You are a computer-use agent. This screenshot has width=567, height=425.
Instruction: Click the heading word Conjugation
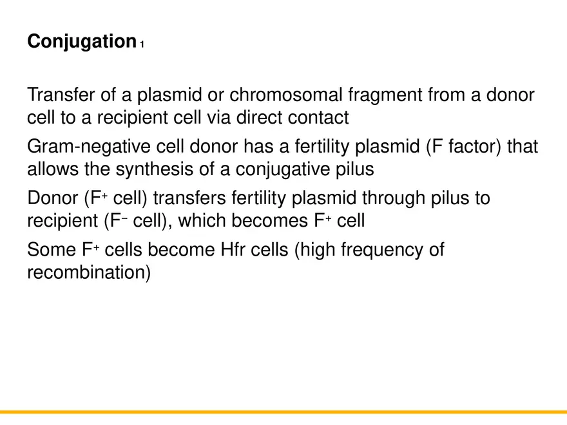coord(81,42)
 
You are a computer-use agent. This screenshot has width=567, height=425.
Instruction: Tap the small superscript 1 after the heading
coord(142,45)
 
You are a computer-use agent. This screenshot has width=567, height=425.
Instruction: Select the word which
coord(200,221)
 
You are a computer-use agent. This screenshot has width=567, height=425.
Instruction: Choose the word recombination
coord(88,272)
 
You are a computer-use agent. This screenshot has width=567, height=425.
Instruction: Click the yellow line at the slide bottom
coord(283,411)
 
